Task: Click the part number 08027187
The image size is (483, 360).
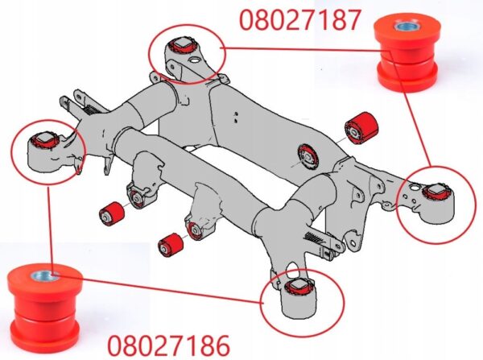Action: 299,20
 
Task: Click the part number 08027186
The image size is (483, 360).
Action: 168,346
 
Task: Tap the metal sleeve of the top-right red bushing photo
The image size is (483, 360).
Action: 407,26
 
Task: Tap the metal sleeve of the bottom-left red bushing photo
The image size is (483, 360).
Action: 45,276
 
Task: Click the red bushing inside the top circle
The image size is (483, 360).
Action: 183,44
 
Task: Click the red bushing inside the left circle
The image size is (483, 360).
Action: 46,139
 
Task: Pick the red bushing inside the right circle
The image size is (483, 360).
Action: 436,191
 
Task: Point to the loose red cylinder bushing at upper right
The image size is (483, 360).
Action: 361,128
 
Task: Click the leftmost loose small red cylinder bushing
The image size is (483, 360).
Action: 112,213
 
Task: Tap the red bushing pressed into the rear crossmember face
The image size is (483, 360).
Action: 308,156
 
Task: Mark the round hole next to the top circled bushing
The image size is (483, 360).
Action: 194,60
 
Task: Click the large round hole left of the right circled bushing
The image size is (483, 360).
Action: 414,187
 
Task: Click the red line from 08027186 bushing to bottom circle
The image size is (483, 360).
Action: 158,288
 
